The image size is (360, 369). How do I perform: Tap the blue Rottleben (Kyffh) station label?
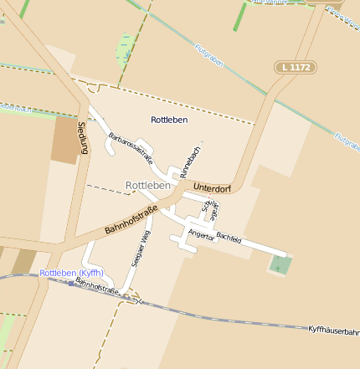point(72,273)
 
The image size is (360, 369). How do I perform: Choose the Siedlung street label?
point(82,137)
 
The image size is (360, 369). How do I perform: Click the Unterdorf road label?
point(210,186)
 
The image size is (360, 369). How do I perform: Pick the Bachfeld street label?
point(229,238)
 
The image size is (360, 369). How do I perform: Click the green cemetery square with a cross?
point(280,267)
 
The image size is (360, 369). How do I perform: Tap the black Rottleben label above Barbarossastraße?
point(169,120)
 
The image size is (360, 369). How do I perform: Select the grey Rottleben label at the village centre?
point(147,185)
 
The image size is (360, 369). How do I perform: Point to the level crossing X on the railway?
point(138,299)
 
